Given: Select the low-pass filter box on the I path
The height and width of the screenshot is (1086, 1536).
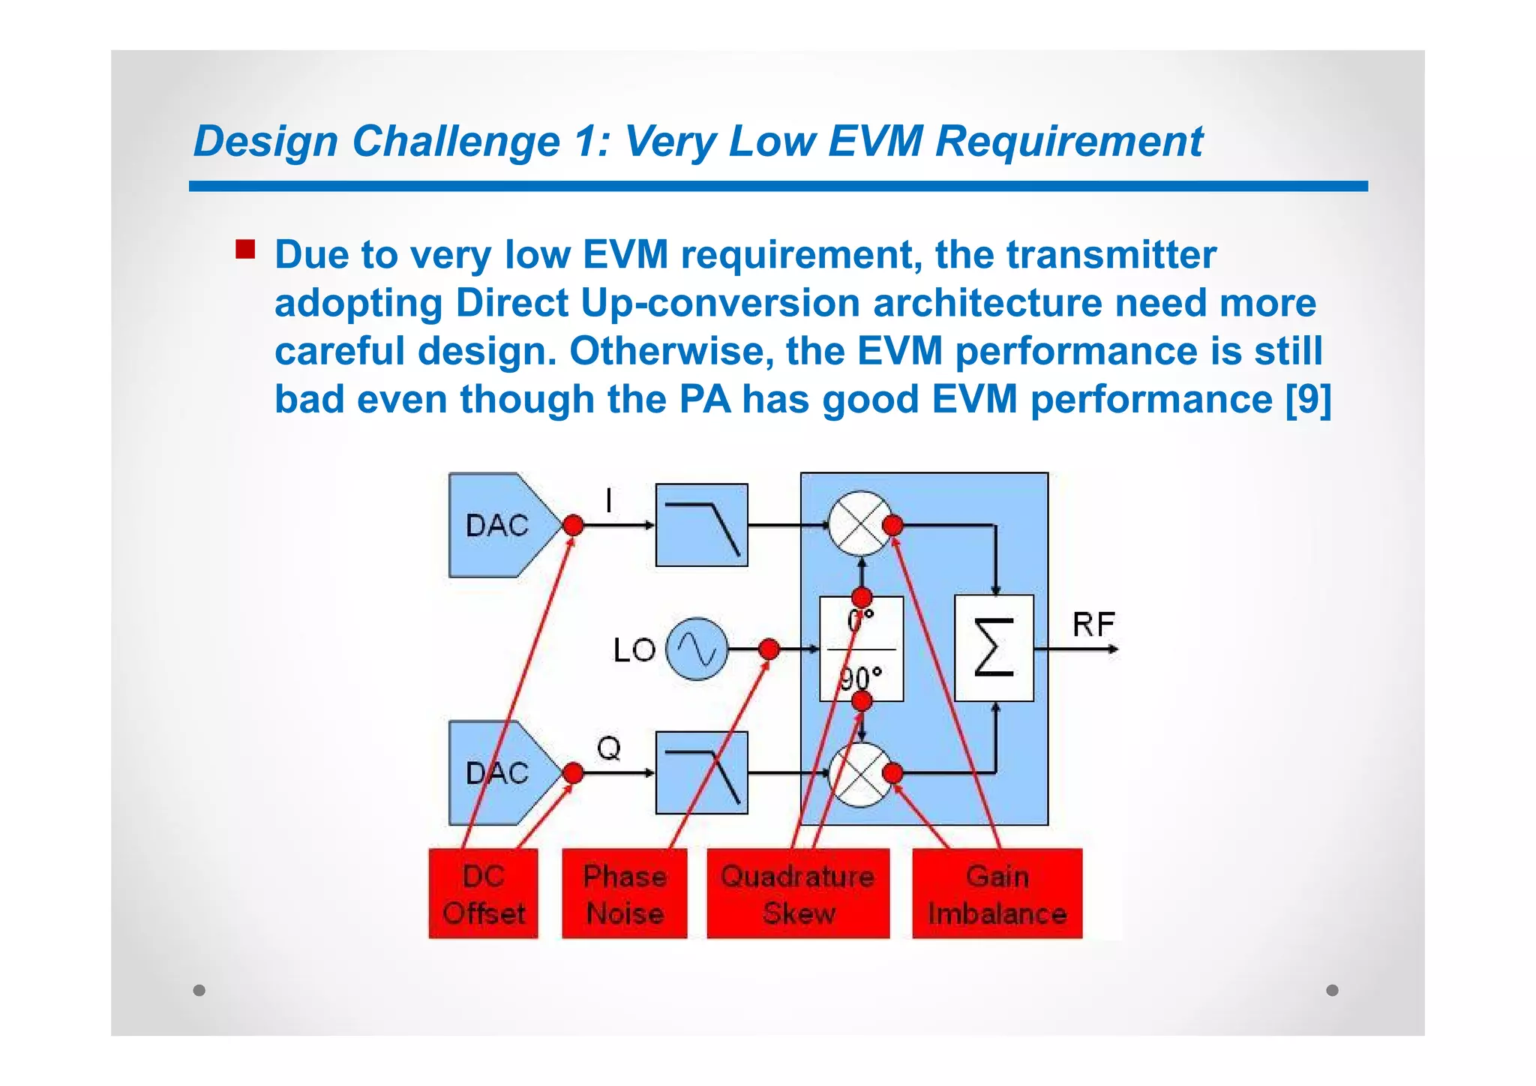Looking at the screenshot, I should (701, 525).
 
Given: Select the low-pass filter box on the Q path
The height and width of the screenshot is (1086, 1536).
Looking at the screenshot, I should (701, 772).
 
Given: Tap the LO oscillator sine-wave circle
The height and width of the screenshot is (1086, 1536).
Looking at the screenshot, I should (697, 649).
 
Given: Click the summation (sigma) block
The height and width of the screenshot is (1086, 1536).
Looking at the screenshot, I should (994, 648).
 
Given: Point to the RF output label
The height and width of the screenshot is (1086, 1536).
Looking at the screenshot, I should (1093, 624).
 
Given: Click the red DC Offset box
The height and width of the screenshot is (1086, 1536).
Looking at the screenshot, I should (483, 893).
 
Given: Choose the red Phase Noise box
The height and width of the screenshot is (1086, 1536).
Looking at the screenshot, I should (624, 893).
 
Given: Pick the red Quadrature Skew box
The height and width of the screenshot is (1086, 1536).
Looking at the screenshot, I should (798, 893).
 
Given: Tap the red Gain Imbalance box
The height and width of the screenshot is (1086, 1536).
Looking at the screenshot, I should (997, 893).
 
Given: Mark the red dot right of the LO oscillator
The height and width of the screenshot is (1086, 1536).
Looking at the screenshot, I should (769, 649).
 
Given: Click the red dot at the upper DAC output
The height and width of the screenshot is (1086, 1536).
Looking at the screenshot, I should (573, 525).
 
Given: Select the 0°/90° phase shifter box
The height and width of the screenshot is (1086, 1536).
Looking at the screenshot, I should (861, 649).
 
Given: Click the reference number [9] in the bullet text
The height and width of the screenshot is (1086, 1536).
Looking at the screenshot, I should (1307, 399).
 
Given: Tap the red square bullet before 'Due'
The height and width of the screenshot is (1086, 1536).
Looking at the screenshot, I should (245, 249).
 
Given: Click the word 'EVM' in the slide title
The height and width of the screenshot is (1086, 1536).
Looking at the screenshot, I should (874, 141).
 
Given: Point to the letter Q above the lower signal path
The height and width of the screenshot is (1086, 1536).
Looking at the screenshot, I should (609, 748).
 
